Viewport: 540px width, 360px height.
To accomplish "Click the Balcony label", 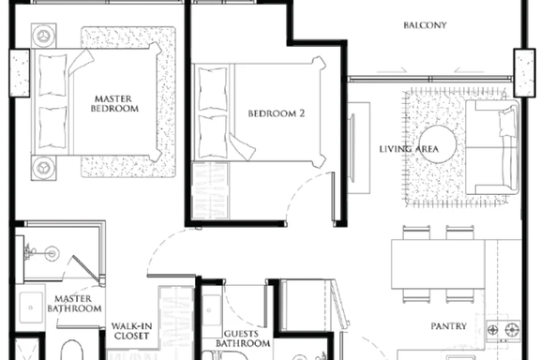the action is pyautogui.click(x=425, y=25).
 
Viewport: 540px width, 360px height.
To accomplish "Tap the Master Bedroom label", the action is pyautogui.click(x=114, y=104).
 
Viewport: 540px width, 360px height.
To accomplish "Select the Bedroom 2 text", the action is pyautogui.click(x=277, y=113).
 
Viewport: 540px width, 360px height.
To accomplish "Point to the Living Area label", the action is pyautogui.click(x=409, y=149).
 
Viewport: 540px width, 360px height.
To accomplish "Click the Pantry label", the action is pyautogui.click(x=449, y=326).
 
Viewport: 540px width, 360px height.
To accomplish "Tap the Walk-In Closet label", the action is pyautogui.click(x=131, y=331).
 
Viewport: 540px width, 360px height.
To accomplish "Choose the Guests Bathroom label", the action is pyautogui.click(x=243, y=338).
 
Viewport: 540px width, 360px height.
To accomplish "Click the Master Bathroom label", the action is pyautogui.click(x=74, y=304).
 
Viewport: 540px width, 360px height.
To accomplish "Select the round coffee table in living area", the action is pyautogui.click(x=438, y=144).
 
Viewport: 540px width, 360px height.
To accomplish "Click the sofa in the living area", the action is pyautogui.click(x=492, y=147).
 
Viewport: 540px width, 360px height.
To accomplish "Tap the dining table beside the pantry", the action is pyautogui.click(x=438, y=264).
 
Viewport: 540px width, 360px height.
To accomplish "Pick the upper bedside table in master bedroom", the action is pyautogui.click(x=44, y=36).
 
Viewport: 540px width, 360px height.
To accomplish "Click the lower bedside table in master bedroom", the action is pyautogui.click(x=44, y=168).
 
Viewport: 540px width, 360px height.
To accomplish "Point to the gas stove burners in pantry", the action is pyautogui.click(x=503, y=330).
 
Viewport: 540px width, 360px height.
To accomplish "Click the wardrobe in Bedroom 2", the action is pyautogui.click(x=210, y=190).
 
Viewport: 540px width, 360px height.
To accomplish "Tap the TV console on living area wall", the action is pyautogui.click(x=359, y=148).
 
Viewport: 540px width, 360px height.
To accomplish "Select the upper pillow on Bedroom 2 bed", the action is pyautogui.click(x=213, y=89).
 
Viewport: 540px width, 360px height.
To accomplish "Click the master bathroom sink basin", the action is pyautogui.click(x=31, y=307).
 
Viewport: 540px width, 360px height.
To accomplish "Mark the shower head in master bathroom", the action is pyautogui.click(x=52, y=254).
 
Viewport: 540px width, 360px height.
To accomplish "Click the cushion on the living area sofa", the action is pyautogui.click(x=507, y=122).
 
